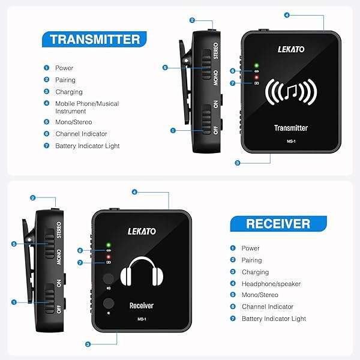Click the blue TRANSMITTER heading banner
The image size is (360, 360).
click(95, 40)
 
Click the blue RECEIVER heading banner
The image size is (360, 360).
click(278, 224)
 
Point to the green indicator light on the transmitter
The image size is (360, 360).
click(256, 65)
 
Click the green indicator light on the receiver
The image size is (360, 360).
click(108, 245)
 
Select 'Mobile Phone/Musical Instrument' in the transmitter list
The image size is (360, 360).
click(87, 107)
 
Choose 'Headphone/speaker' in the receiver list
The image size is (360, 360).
click(263, 283)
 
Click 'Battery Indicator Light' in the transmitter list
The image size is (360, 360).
click(87, 146)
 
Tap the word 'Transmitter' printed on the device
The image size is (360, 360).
click(291, 128)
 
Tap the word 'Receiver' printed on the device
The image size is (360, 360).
click(142, 305)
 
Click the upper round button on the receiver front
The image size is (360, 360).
click(108, 279)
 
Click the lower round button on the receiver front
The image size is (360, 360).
click(108, 303)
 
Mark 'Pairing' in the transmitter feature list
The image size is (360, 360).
click(65, 80)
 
